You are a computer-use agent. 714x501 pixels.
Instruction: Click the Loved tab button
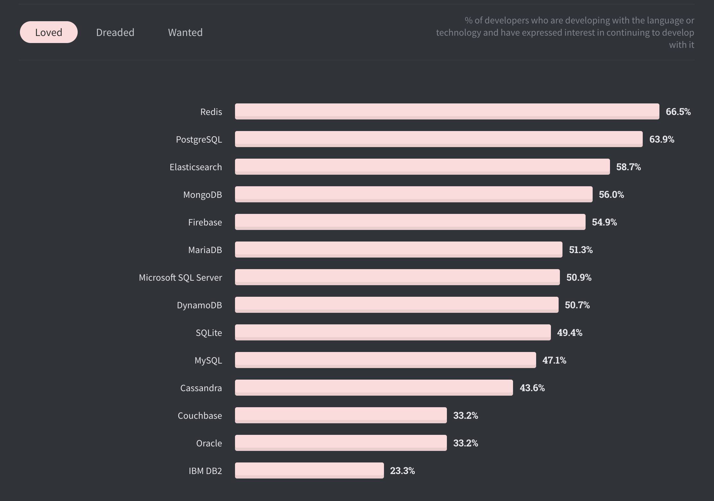(x=48, y=32)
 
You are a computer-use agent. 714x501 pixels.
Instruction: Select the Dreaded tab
(x=115, y=32)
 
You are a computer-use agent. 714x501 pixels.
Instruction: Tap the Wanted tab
(x=185, y=32)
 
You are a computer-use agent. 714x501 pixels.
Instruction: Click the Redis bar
(x=447, y=111)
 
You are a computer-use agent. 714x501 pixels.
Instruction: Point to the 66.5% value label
(x=678, y=111)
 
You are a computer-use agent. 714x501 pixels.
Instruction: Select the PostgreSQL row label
(x=199, y=139)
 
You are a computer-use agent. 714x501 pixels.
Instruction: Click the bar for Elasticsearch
(x=422, y=167)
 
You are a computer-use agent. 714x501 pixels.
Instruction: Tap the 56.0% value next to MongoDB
(x=611, y=194)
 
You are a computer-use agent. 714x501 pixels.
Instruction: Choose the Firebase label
(x=205, y=222)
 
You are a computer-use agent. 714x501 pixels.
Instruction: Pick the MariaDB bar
(x=398, y=250)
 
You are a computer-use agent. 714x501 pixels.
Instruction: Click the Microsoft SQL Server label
(x=180, y=277)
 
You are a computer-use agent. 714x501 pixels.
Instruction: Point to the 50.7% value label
(x=577, y=305)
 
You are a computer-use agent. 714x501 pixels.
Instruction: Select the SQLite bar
(x=393, y=332)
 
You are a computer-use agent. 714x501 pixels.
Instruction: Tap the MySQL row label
(x=208, y=360)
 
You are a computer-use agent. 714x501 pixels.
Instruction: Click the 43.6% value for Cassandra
(x=532, y=388)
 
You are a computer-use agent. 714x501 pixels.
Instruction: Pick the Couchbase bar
(x=341, y=415)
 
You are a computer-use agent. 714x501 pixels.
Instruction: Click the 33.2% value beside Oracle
(x=466, y=443)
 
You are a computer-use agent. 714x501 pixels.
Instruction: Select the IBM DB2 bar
(x=309, y=470)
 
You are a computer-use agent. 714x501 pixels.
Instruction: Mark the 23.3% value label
(x=402, y=470)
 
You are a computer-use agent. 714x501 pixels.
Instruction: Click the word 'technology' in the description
(x=458, y=32)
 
